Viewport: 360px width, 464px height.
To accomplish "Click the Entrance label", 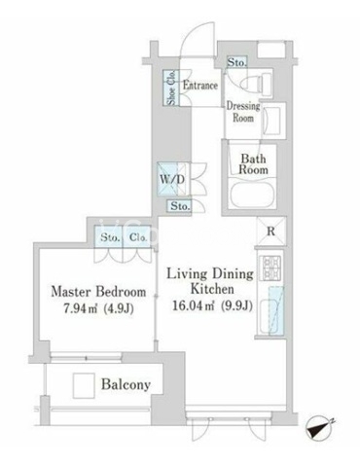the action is (200, 86).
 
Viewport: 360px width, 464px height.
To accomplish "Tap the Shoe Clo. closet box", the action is (171, 88).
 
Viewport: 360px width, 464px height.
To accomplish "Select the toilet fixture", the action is (257, 84).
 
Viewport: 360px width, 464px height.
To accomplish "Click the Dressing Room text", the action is (243, 112).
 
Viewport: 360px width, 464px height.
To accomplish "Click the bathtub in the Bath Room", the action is (252, 195).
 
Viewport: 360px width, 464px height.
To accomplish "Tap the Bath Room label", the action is (253, 164).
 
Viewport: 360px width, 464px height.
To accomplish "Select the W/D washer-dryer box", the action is (172, 179).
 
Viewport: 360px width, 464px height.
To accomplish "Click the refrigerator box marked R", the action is (270, 232).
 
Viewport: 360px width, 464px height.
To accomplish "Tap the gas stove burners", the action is (271, 268).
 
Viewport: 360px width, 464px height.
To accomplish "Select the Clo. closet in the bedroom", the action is (137, 237).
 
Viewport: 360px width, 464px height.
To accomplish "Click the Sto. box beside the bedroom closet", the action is (109, 237).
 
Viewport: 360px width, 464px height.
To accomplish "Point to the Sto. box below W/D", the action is (179, 206).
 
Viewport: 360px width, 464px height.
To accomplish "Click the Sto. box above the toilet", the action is (236, 62).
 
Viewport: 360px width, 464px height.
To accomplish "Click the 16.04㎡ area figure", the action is (194, 305).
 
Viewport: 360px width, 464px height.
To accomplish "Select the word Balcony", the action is (126, 385).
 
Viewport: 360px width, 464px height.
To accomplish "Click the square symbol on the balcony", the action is (84, 385).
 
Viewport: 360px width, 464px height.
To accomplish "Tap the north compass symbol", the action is (319, 430).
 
